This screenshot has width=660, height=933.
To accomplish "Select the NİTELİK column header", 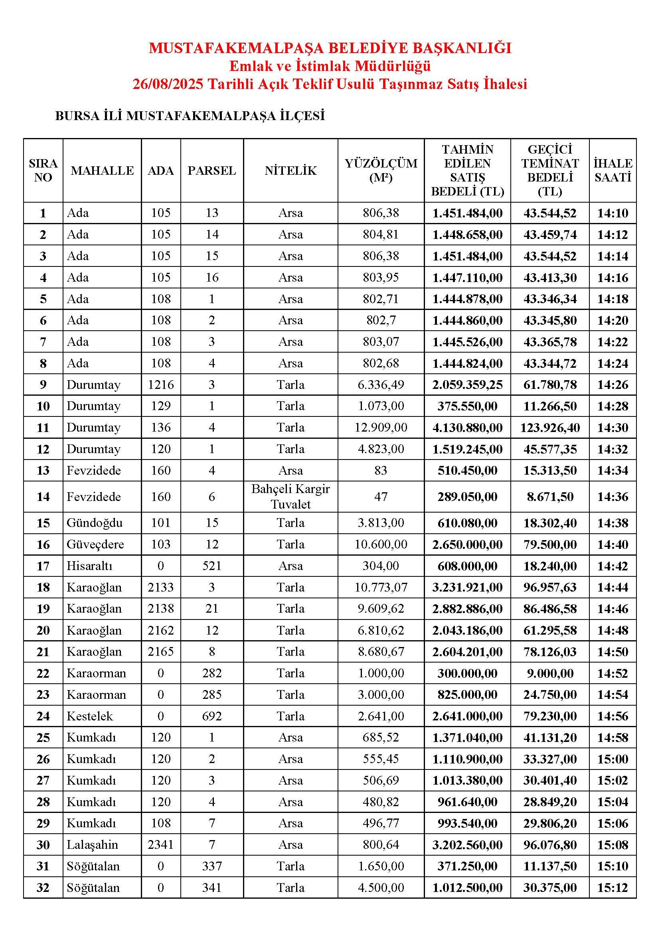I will click(290, 171).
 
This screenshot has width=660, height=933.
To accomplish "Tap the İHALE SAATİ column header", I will click(613, 171).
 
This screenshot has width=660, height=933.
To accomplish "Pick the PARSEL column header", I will click(212, 171).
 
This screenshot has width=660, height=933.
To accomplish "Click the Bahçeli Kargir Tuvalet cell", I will click(290, 497).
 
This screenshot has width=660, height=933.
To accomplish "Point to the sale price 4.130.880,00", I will click(467, 428).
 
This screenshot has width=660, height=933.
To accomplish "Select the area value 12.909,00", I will click(381, 428).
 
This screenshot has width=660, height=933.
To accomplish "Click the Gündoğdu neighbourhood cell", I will click(95, 523).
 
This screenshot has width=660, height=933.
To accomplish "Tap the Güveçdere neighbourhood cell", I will click(95, 544).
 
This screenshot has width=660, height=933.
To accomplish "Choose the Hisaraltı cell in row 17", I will click(89, 566).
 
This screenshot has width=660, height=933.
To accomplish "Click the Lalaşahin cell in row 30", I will click(92, 845).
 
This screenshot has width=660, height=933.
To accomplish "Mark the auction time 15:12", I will click(613, 888).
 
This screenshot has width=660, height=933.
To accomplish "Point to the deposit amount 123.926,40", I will click(550, 428).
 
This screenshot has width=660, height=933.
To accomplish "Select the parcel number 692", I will click(212, 716).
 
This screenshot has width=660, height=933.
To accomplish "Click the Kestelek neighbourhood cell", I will click(90, 716).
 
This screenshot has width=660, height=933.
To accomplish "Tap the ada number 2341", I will click(161, 845).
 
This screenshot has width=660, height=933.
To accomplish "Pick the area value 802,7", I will click(381, 320).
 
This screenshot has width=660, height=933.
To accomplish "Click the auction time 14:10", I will click(613, 213).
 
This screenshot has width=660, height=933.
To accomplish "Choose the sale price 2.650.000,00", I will click(467, 544).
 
